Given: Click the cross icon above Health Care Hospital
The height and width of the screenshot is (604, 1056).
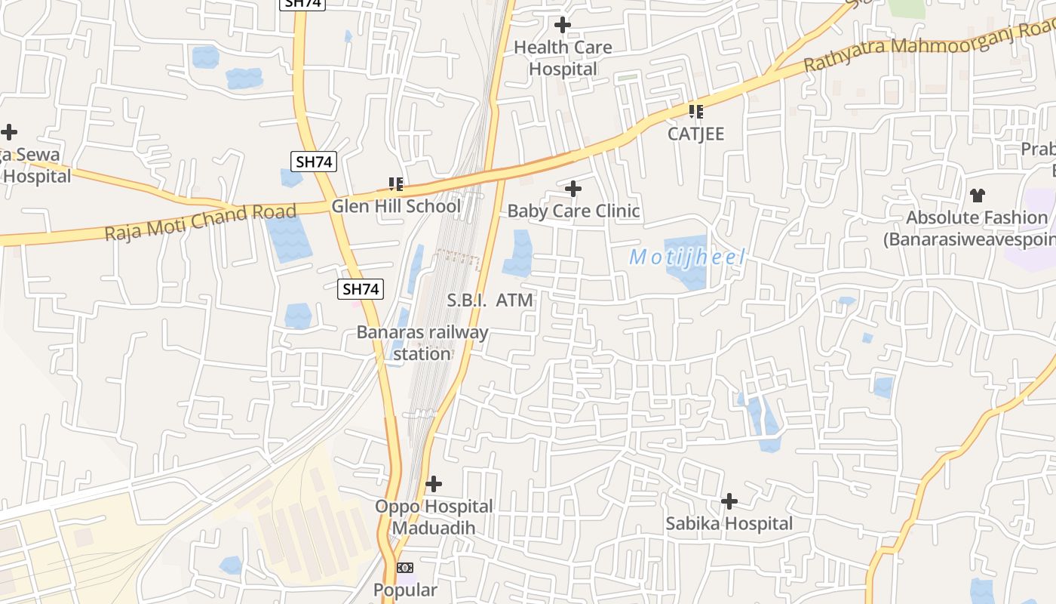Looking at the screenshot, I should coord(563,25).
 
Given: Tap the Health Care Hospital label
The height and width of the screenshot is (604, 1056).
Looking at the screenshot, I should coord(563,58).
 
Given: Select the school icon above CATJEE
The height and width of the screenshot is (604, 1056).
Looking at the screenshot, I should coord(695,112).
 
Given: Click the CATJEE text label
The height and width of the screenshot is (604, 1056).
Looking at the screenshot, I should coord(695,134).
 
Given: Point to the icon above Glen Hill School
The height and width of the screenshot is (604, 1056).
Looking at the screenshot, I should coord(396,183).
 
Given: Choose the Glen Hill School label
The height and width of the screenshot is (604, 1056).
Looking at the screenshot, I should coord(396,206).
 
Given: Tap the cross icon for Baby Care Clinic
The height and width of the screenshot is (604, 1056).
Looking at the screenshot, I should coord(573,188).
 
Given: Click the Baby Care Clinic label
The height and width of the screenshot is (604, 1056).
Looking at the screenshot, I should coord(573,211).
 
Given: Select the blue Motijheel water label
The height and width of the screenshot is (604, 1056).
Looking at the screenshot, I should coord(687,257).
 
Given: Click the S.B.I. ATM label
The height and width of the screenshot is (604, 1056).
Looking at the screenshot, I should coord(490,300).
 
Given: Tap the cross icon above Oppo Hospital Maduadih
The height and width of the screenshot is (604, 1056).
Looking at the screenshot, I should coord(434,483).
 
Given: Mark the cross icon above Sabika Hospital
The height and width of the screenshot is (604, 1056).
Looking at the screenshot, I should coord(729,501).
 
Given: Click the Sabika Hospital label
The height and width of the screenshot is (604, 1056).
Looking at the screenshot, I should coord(729,523).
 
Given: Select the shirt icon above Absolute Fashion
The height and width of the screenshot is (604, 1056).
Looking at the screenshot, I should coord(978,196).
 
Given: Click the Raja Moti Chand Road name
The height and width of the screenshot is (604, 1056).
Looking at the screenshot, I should coord(200,222).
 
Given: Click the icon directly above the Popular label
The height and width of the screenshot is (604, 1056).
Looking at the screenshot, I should coord(406,568).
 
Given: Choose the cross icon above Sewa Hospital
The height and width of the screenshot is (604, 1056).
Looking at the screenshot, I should coord(9,132).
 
